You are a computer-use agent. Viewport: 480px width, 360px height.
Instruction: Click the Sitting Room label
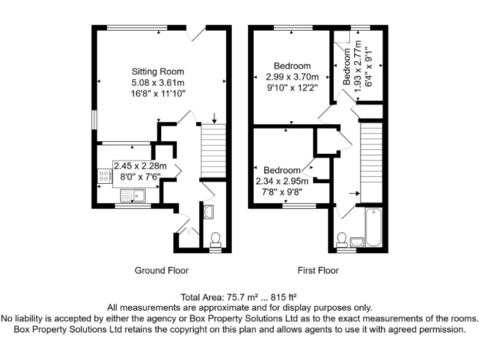tap(157, 71)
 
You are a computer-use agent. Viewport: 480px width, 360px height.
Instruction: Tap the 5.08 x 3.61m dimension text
tap(157, 82)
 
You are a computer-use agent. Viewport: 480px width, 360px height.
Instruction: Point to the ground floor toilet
tap(215, 239)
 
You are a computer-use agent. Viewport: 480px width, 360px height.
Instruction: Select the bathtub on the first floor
tap(372, 226)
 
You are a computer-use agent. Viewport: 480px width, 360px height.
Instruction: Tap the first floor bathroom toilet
tap(342, 240)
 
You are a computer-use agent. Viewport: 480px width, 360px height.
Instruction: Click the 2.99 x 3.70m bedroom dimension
tap(292, 77)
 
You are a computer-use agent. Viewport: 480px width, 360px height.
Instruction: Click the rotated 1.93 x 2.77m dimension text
tap(357, 67)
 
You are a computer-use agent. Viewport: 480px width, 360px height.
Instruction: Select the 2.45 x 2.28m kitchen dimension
tap(141, 166)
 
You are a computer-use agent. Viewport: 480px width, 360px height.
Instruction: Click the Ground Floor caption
tap(161, 271)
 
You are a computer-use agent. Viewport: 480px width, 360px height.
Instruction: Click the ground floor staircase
tap(211, 151)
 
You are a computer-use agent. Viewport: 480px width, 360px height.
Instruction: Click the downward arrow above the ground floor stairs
tap(214, 117)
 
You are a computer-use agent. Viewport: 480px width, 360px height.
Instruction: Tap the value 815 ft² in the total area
tap(283, 297)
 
